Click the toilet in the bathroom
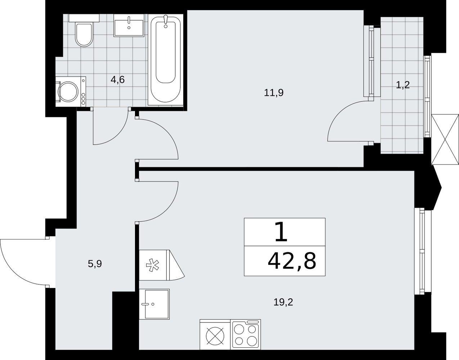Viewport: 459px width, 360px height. [84, 30]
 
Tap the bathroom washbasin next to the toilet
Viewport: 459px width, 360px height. [129, 26]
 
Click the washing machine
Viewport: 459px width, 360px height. [71, 91]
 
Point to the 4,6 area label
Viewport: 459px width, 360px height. [118, 80]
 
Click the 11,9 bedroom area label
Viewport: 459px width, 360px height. [274, 93]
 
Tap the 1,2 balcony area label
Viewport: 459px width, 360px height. [403, 85]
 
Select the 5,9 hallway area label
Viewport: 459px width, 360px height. [95, 264]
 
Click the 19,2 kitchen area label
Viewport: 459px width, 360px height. [283, 302]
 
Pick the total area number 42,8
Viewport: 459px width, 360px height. [292, 261]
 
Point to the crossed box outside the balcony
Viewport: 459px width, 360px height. [445, 139]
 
